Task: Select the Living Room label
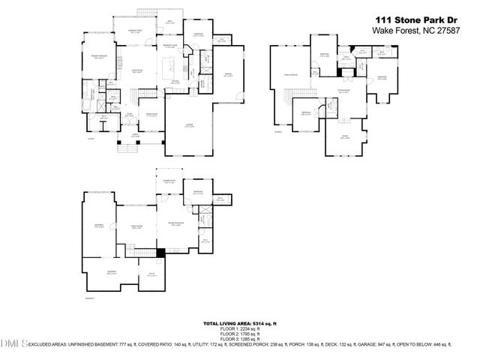click(x=136, y=70)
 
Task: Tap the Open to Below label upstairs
click(x=288, y=74)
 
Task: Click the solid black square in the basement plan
click(x=160, y=252)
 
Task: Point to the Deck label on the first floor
click(x=169, y=21)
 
